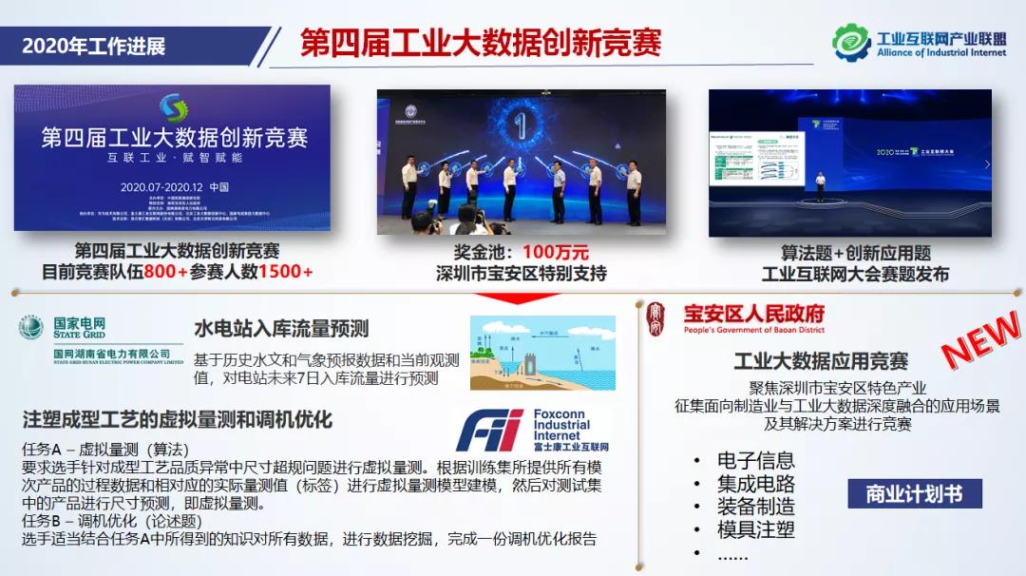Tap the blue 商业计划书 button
click(914, 494)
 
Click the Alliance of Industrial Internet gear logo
click(851, 42)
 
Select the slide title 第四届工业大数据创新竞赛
click(481, 43)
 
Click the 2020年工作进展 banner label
click(93, 46)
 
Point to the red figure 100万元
click(556, 253)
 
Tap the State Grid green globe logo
click(31, 328)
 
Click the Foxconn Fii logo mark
click(489, 431)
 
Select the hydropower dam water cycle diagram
click(542, 353)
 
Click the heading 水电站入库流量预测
click(281, 330)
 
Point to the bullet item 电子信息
click(755, 461)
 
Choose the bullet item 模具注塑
click(755, 529)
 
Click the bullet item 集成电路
click(755, 484)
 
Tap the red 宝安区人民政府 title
click(754, 314)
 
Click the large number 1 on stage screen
click(520, 127)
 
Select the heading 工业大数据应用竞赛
click(820, 361)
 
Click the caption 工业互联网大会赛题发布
click(855, 274)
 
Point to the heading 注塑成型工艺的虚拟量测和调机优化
click(177, 419)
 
